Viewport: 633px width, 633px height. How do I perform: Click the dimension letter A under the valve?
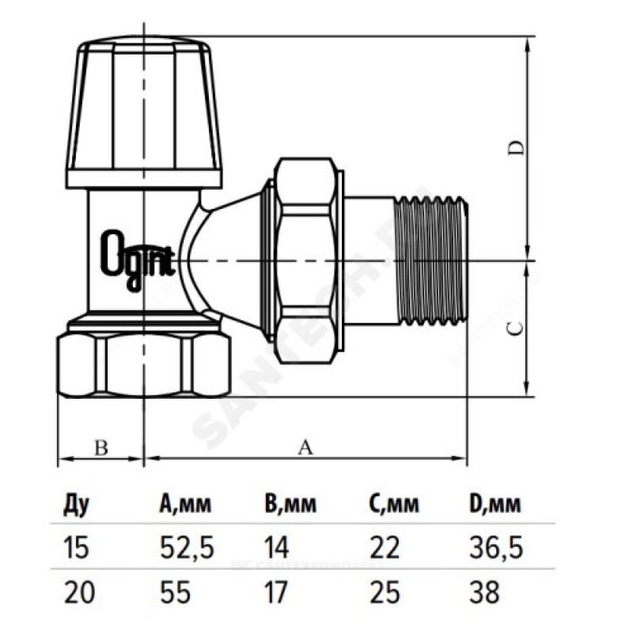coord(304,448)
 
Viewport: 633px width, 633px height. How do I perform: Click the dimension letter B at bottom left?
coord(100,448)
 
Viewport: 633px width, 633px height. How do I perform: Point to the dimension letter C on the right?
coord(514,329)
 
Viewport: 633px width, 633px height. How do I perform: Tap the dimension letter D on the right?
coord(514,147)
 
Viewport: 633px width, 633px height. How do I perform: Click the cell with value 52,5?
coord(182,547)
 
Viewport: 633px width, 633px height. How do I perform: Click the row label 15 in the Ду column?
coord(72,547)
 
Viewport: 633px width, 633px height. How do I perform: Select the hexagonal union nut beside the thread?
coord(309,257)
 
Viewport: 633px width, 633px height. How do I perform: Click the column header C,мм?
coord(394,505)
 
